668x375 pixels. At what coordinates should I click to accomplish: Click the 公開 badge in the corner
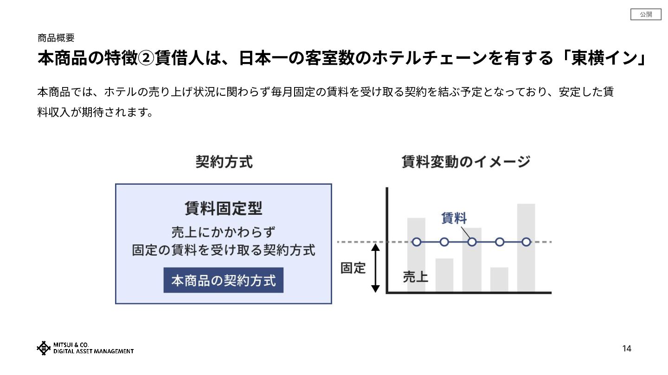click(646, 15)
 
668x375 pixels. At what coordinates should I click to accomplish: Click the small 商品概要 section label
click(56, 38)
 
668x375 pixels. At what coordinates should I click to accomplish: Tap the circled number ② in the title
click(145, 59)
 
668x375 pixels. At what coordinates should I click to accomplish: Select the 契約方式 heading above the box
click(224, 162)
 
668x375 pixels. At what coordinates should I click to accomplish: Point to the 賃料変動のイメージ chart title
click(465, 162)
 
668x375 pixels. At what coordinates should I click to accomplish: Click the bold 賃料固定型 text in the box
click(224, 208)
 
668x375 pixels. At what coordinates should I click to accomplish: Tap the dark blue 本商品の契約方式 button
click(224, 281)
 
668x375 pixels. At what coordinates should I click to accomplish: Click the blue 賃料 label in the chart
click(454, 218)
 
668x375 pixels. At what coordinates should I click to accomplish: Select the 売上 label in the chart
click(415, 277)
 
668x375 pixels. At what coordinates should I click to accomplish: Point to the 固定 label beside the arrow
click(353, 268)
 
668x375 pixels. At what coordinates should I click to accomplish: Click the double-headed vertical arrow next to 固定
click(376, 268)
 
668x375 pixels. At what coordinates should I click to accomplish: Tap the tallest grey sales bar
click(526, 248)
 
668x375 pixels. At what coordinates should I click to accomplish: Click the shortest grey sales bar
click(499, 280)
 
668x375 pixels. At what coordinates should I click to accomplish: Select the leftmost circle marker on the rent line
click(417, 242)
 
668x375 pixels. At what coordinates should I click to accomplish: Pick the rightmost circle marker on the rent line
click(526, 242)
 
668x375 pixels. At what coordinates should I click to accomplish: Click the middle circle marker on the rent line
click(472, 242)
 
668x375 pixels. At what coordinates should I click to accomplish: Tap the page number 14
click(627, 349)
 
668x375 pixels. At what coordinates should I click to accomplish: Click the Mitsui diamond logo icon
click(44, 348)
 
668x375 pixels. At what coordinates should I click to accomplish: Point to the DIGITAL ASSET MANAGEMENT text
click(94, 351)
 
